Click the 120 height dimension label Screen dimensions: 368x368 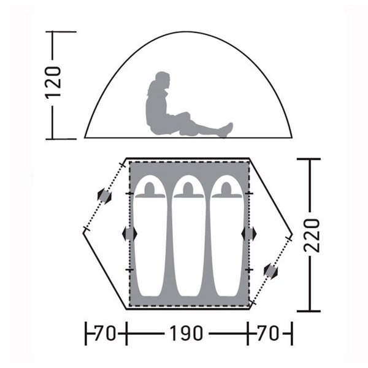[53, 83]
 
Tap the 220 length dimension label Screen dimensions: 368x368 [312, 236]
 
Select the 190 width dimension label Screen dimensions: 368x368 [186, 333]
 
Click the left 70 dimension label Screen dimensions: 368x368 [105, 333]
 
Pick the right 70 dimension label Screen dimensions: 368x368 [268, 333]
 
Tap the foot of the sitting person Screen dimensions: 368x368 [227, 129]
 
